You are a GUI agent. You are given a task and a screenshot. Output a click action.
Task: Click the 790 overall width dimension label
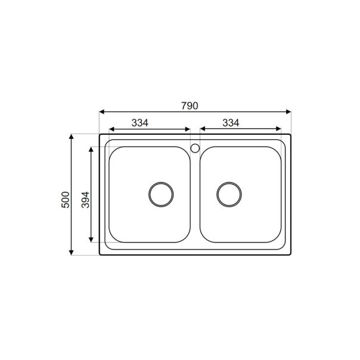click(x=189, y=105)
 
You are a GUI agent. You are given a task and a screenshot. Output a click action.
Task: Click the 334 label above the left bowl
click(x=139, y=123)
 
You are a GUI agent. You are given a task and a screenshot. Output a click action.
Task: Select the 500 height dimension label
click(x=66, y=198)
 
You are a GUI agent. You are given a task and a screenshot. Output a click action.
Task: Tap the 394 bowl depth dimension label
click(x=85, y=198)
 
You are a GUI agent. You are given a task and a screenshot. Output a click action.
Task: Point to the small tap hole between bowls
click(x=194, y=148)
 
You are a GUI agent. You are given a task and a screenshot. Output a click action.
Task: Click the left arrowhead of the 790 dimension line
click(x=102, y=111)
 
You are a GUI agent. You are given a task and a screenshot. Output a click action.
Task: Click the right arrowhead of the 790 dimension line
click(x=287, y=111)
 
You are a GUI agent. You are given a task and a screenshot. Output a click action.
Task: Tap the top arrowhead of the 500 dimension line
click(x=72, y=137)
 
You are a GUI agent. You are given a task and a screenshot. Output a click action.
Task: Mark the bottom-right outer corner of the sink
click(x=290, y=255)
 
